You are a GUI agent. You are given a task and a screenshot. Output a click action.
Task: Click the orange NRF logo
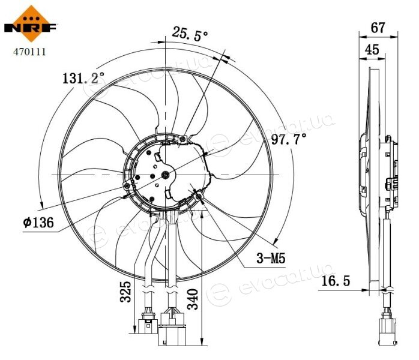point(31,24)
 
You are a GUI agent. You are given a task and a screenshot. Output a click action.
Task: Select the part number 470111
point(29,52)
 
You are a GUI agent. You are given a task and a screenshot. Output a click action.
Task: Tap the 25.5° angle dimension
point(190,34)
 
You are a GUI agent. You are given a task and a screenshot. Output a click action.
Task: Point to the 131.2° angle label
point(83,78)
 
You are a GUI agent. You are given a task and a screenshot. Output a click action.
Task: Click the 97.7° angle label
point(289,139)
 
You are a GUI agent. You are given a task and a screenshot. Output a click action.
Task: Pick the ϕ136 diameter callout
point(38,222)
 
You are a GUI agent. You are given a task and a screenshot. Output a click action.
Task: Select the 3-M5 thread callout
point(271,258)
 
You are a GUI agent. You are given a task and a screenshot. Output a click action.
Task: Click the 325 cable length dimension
point(125,292)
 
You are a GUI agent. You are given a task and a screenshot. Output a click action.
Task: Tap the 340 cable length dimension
point(193,299)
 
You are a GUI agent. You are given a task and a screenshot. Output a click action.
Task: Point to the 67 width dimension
point(378,28)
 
